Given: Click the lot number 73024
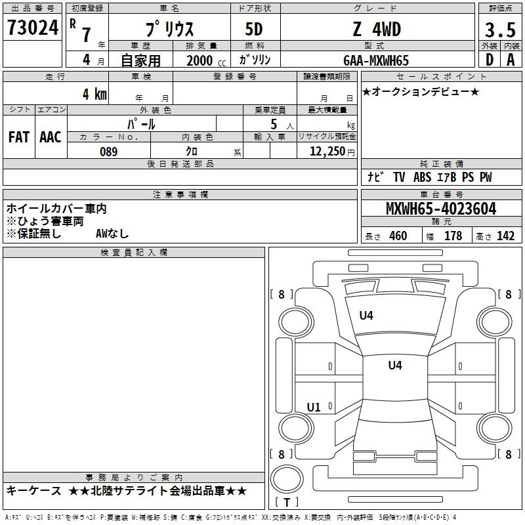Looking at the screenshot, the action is pyautogui.click(x=33, y=27).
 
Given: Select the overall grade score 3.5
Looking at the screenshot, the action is pyautogui.click(x=500, y=30).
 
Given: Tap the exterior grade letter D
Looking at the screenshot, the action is pyautogui.click(x=490, y=60).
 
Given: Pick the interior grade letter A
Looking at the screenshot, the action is pyautogui.click(x=511, y=60).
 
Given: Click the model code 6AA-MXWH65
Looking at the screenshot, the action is pyautogui.click(x=376, y=60).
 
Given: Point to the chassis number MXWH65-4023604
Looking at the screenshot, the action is pyautogui.click(x=441, y=209).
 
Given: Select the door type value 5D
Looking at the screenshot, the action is pyautogui.click(x=254, y=29).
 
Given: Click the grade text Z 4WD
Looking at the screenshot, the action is pyautogui.click(x=377, y=29).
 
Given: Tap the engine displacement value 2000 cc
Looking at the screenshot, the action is pyautogui.click(x=206, y=60).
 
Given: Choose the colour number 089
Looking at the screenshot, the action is pyautogui.click(x=109, y=152).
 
